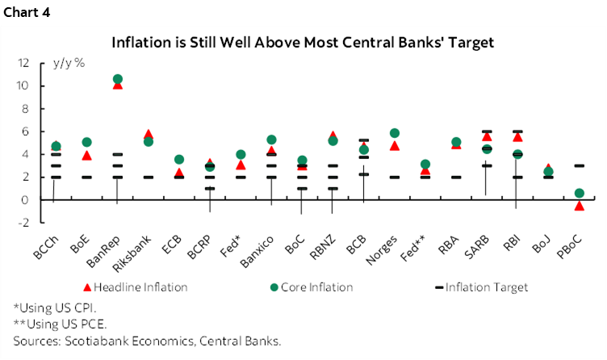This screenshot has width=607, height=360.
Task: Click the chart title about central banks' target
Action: pos(303,41)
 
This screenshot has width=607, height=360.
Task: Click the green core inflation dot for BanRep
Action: pos(118,79)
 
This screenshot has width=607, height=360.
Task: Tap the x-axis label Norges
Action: pos(385,245)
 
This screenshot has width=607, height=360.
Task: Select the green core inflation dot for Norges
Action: pos(395,133)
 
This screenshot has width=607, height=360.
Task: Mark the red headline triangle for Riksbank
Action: pos(148,134)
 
